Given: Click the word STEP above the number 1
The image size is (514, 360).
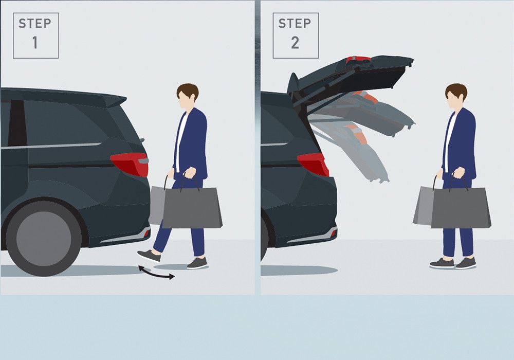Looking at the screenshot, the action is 35,23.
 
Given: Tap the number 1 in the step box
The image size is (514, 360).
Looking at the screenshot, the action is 35,43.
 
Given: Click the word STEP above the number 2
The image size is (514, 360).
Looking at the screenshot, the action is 295,23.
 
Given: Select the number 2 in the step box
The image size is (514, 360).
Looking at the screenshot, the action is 295,43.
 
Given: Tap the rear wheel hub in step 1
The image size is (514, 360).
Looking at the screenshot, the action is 44,239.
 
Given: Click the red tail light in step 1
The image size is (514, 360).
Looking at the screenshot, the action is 130,164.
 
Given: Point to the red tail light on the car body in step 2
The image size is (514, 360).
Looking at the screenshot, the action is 314,164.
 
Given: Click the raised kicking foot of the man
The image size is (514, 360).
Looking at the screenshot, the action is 149,256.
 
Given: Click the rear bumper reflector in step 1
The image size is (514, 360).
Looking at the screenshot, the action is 146,233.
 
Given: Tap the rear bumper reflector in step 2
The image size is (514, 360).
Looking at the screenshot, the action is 334,232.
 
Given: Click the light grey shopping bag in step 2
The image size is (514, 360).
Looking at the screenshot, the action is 423,205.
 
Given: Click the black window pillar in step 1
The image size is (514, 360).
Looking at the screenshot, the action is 17,123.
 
